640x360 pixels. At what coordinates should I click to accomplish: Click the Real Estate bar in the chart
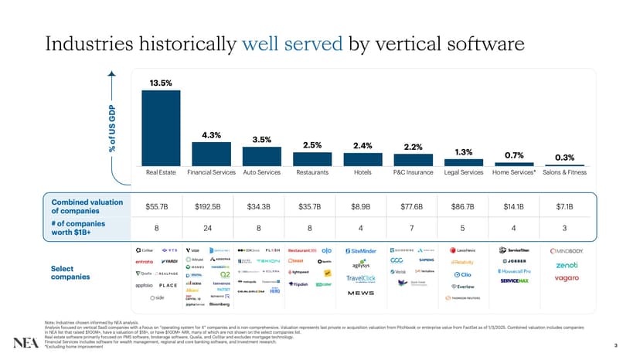point(160,127)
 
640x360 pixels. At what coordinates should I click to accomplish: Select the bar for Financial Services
point(212,154)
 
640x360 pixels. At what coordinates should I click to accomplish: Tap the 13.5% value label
point(160,83)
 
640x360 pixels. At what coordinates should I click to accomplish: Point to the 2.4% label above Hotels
point(363,145)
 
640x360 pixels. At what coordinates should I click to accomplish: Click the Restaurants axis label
point(312,172)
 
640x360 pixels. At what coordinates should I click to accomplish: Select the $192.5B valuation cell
point(211,207)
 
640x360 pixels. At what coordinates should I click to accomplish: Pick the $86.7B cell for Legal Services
point(464,207)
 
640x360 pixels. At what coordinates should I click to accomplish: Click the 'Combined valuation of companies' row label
point(87,206)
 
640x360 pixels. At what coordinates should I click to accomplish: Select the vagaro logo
point(566,278)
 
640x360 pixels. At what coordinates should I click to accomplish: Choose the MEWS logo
point(360,294)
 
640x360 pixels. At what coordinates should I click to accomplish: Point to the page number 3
point(614,345)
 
